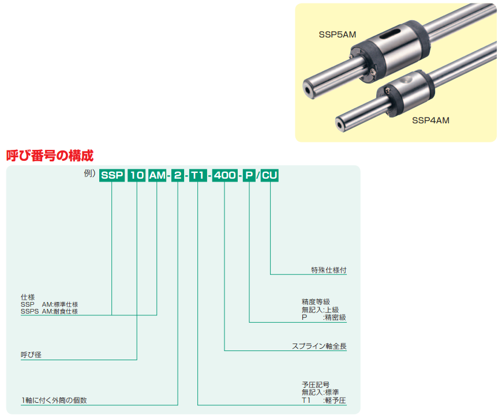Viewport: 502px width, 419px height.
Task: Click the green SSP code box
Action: pyautogui.click(x=112, y=175)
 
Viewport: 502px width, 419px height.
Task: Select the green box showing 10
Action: pyautogui.click(x=137, y=175)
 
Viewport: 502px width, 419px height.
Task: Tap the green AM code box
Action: pyautogui.click(x=157, y=175)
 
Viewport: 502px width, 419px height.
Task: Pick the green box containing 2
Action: pyautogui.click(x=178, y=175)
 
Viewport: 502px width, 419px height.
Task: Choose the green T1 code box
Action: pyautogui.click(x=198, y=175)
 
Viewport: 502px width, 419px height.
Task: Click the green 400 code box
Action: pyautogui.click(x=225, y=175)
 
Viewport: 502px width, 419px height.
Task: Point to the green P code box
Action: pyautogui.click(x=249, y=175)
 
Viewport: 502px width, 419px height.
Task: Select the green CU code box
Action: pyautogui.click(x=269, y=175)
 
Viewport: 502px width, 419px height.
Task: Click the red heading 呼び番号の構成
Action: pyautogui.click(x=50, y=156)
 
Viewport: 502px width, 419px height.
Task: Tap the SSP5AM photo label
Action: pyautogui.click(x=338, y=35)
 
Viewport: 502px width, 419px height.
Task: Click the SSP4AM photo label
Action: pyautogui.click(x=430, y=120)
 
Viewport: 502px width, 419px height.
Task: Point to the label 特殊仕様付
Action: pyautogui.click(x=329, y=270)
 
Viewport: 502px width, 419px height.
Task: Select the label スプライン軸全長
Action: pyautogui.click(x=319, y=346)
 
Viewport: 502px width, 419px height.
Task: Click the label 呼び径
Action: pyautogui.click(x=31, y=354)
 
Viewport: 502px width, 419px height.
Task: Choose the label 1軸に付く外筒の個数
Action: pyautogui.click(x=54, y=400)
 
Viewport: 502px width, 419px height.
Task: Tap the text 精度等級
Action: pyautogui.click(x=316, y=301)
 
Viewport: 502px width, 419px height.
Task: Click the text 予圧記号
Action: pyautogui.click(x=316, y=384)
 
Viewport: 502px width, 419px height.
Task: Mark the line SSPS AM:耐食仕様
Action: pyautogui.click(x=49, y=311)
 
